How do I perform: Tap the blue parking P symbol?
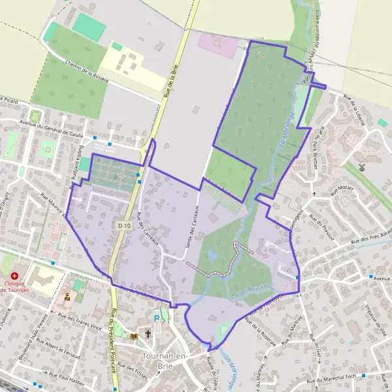156,318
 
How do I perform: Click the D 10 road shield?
125,225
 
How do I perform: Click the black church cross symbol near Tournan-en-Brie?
148,334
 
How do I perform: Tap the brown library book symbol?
134,336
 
